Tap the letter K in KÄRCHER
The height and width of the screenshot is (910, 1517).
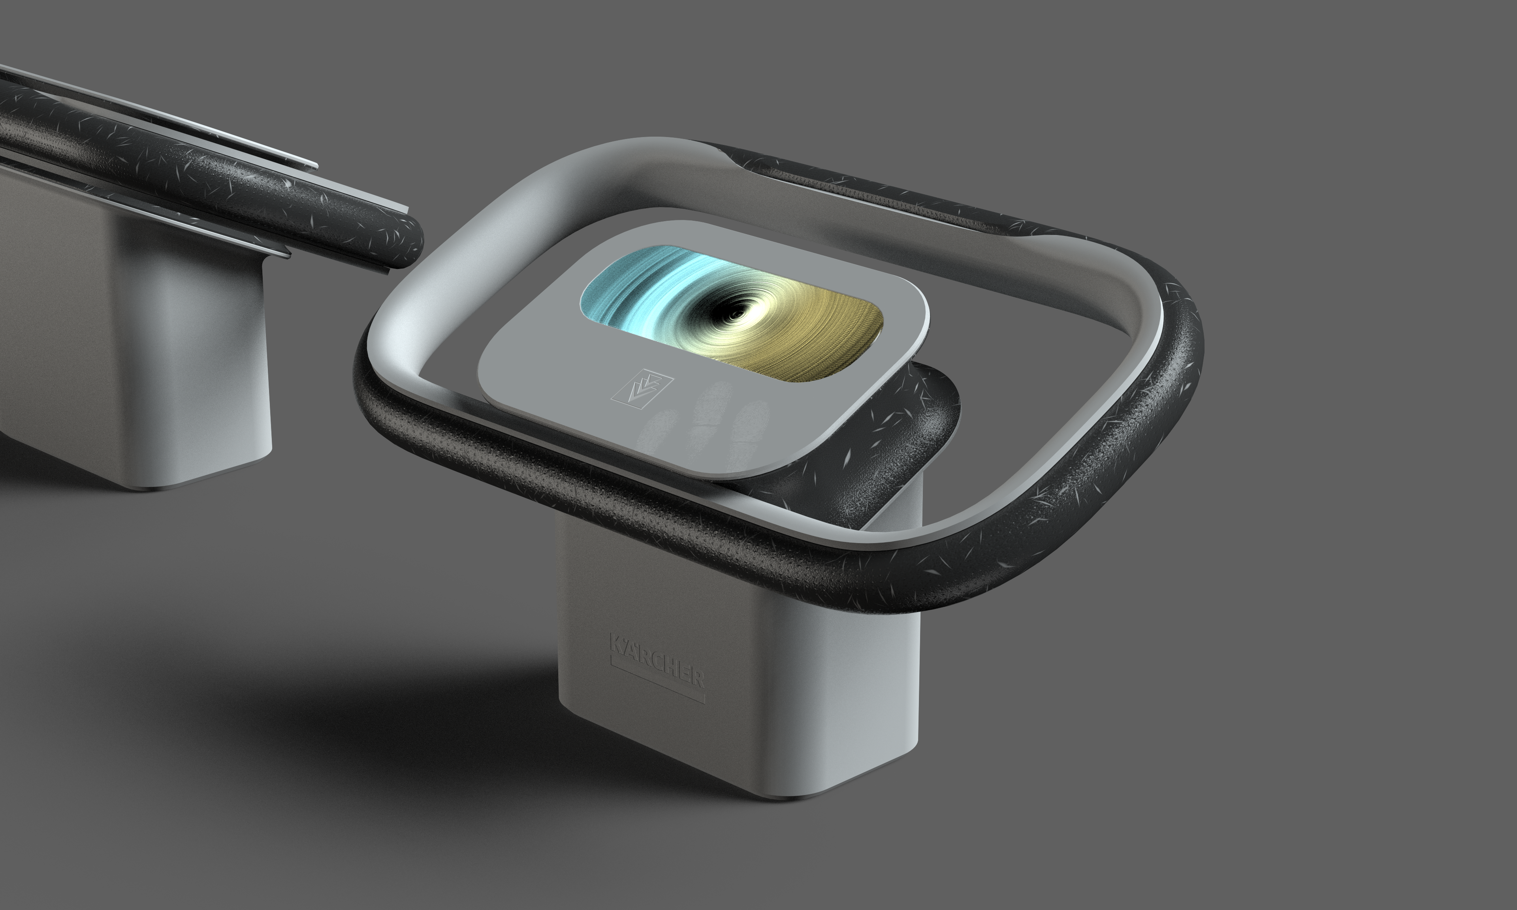616,644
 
